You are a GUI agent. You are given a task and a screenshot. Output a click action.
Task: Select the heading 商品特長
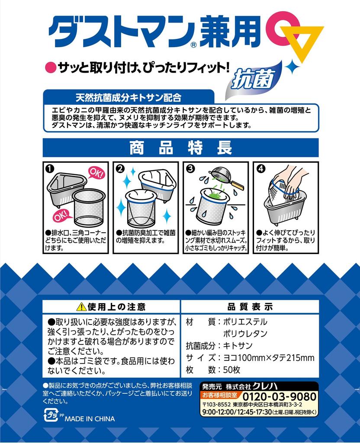tap(180, 148)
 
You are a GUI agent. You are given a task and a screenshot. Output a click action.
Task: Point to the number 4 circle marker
tap(260, 169)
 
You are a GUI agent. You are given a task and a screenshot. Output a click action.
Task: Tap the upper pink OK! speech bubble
tap(96, 174)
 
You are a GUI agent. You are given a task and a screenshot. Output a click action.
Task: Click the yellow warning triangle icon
tap(81, 307)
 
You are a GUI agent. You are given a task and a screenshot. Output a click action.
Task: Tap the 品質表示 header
tap(250, 307)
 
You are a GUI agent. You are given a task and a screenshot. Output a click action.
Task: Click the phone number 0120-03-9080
tap(279, 396)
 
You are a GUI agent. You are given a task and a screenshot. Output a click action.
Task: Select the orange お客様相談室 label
tap(220, 395)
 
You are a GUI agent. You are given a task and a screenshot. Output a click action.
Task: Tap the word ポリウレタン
tap(245, 334)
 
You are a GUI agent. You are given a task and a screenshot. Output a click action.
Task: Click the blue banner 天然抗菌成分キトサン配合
tap(129, 96)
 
